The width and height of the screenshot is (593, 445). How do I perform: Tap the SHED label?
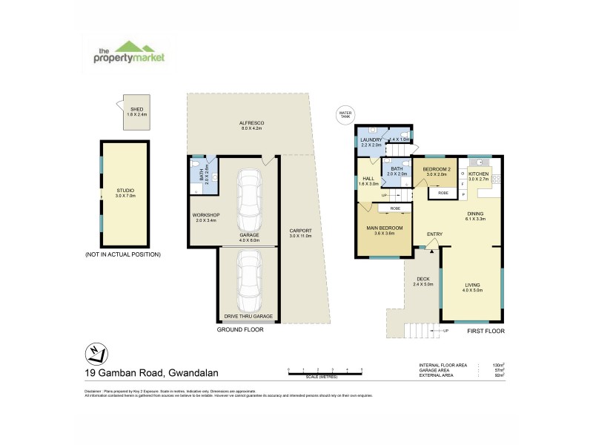pyautogui.click(x=136, y=107)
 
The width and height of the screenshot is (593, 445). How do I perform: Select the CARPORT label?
pyautogui.click(x=300, y=231)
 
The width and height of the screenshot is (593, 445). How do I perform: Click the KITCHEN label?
pyautogui.click(x=478, y=173)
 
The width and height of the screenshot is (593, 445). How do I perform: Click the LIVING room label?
pyautogui.click(x=473, y=285)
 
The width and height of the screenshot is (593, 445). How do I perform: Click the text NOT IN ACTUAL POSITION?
pyautogui.click(x=123, y=254)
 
